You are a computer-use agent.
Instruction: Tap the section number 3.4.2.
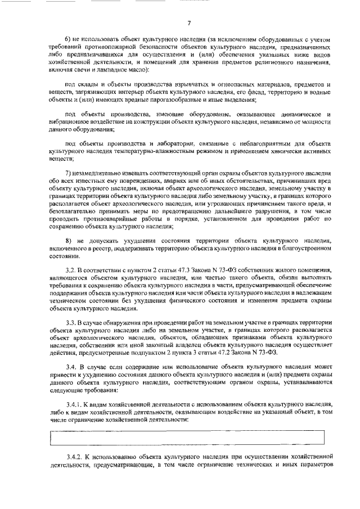(74, 457)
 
